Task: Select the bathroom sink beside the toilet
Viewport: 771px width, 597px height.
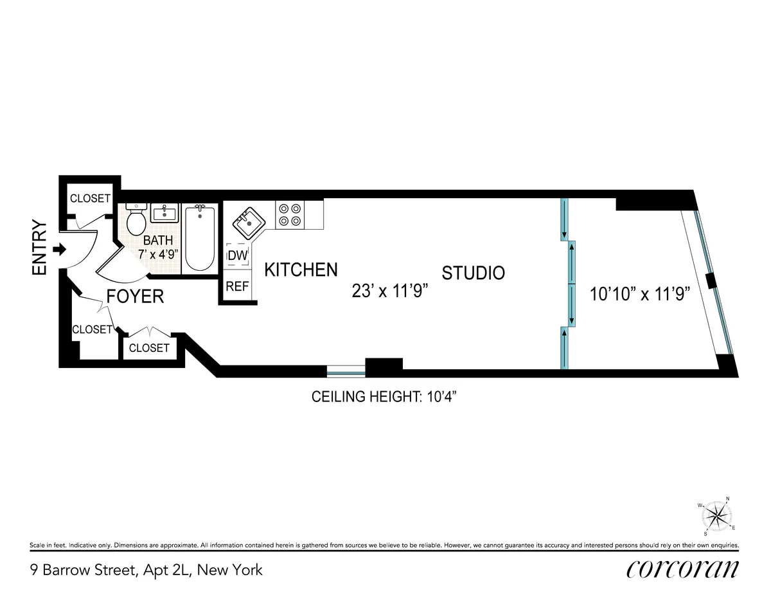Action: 166,212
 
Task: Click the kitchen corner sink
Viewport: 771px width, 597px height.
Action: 247,223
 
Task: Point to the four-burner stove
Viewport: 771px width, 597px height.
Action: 289,214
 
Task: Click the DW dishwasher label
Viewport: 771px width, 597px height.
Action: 237,255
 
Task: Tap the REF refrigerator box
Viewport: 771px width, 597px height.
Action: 237,287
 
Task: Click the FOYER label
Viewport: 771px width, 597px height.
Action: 135,297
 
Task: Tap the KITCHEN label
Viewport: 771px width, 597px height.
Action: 301,270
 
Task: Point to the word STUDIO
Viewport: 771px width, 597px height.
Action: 473,273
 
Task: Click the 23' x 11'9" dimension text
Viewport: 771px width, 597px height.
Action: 390,291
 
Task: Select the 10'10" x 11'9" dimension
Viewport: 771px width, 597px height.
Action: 639,295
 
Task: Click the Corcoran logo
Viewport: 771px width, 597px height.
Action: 682,570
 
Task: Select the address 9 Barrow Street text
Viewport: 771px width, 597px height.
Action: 146,570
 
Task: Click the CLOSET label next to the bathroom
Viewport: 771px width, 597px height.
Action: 90,198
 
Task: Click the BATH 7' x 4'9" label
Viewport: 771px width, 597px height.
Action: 157,247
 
